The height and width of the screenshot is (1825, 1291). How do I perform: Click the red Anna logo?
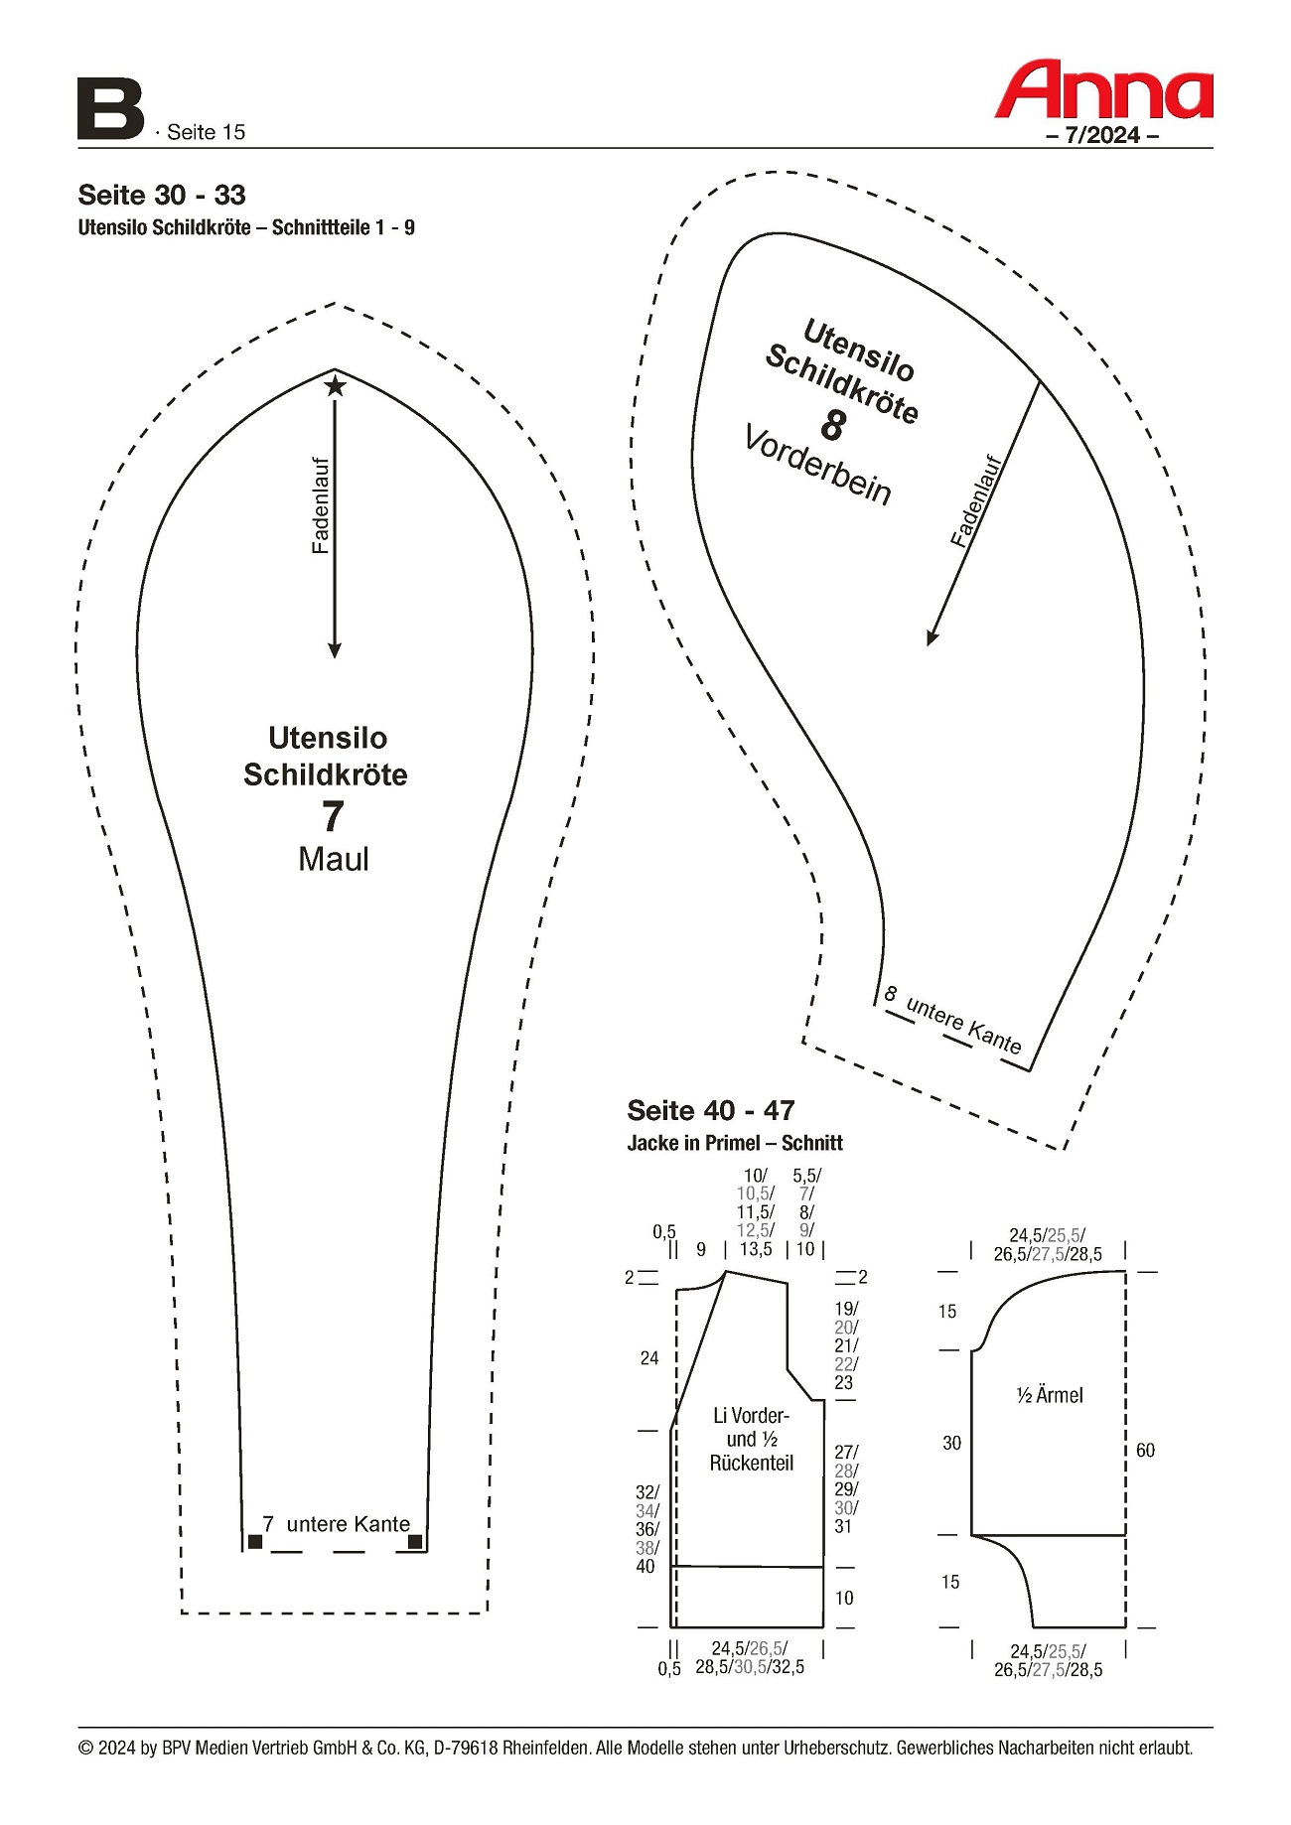(x=1103, y=90)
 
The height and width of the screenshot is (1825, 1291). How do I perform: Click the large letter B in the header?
(x=110, y=109)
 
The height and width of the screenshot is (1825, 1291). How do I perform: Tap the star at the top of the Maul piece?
(x=336, y=385)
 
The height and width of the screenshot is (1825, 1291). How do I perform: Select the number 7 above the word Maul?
(x=333, y=816)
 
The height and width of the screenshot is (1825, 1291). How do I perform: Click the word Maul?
(x=334, y=859)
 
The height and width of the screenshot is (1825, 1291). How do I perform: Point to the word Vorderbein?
(x=817, y=466)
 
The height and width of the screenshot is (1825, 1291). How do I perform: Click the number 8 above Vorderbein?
(x=832, y=426)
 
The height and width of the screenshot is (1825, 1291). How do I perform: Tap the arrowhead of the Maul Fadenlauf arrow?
(x=335, y=650)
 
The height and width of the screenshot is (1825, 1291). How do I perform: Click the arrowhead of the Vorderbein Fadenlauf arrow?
(x=932, y=637)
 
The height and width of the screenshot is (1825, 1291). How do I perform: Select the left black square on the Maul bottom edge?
(x=255, y=1541)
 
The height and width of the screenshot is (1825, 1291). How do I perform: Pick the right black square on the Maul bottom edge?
(x=415, y=1541)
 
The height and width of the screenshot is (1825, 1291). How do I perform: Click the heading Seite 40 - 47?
(x=711, y=1110)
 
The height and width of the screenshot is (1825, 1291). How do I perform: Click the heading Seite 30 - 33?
(x=162, y=195)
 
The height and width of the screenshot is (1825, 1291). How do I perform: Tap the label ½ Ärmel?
(x=1050, y=1395)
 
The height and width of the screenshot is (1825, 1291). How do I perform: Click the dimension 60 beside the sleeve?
(x=1145, y=1451)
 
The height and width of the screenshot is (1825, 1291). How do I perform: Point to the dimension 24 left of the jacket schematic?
(x=649, y=1358)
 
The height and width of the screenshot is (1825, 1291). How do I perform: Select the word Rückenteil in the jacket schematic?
(x=752, y=1463)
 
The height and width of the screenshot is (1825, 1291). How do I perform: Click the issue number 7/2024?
(x=1102, y=135)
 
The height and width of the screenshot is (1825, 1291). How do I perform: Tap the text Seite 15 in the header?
(x=206, y=132)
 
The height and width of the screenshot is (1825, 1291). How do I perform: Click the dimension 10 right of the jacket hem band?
(x=844, y=1598)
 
